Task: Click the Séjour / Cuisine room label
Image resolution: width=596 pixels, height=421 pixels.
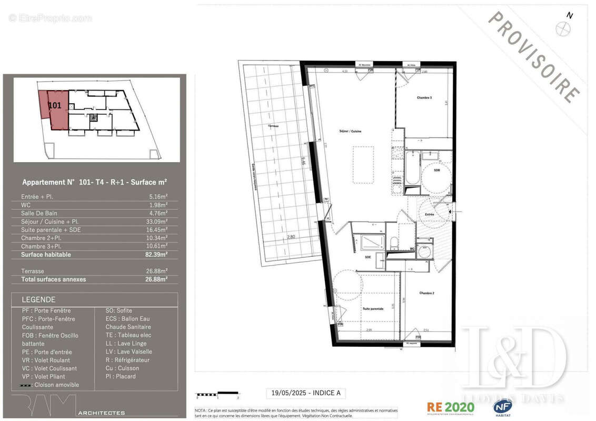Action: [x=350, y=131]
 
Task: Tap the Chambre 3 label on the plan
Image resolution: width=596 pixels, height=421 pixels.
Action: [x=424, y=98]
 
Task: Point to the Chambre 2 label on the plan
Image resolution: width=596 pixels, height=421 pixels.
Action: [x=427, y=293]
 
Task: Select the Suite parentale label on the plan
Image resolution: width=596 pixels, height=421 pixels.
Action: [x=372, y=309]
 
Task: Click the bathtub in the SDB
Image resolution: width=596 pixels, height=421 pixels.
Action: [x=412, y=169]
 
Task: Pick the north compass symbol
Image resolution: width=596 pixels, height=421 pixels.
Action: [x=563, y=27]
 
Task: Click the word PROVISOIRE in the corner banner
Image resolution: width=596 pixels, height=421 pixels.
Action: [x=534, y=57]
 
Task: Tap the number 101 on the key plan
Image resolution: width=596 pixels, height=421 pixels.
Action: [x=55, y=105]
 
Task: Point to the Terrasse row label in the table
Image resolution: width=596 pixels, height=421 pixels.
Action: [x=33, y=271]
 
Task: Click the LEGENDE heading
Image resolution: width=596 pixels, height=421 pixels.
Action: [x=38, y=299]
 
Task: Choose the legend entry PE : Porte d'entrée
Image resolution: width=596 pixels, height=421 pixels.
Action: [x=47, y=352]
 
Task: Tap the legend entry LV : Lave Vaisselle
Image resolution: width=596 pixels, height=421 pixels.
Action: [x=128, y=352]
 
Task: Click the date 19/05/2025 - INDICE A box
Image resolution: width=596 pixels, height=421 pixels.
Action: [x=305, y=393]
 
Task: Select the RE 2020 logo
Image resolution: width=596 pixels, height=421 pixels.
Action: [x=450, y=407]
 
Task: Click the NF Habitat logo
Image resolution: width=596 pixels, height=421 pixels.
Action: [x=503, y=407]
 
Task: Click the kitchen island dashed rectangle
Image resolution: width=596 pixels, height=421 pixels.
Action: [x=363, y=165]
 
